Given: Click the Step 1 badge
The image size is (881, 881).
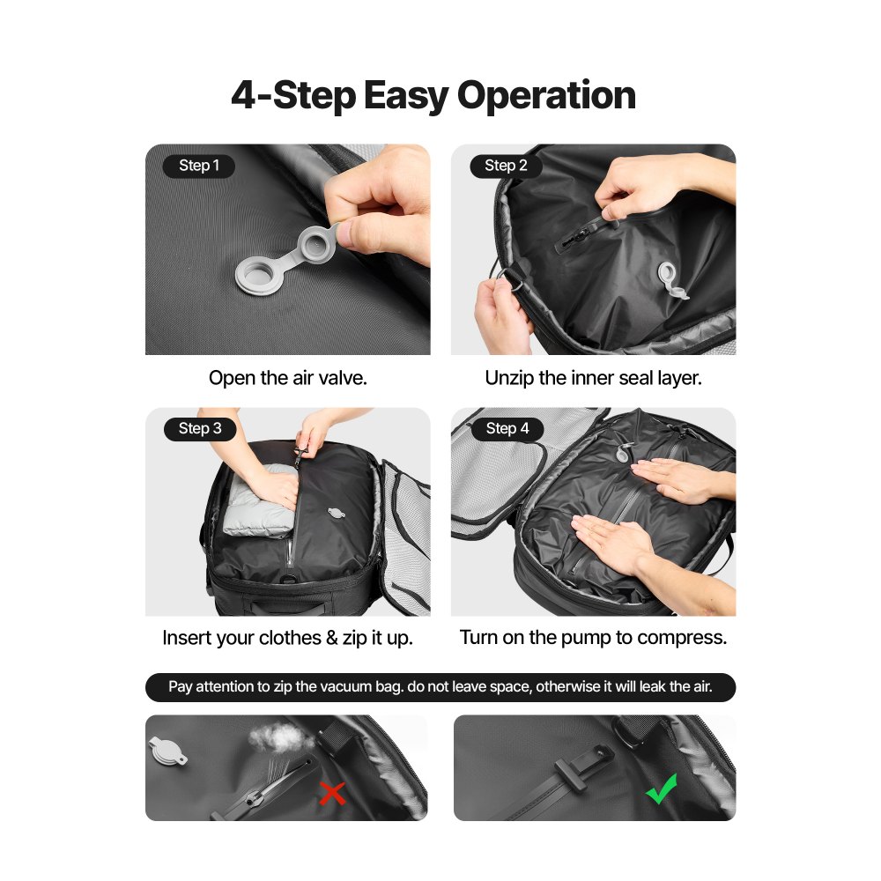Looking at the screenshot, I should [199, 166].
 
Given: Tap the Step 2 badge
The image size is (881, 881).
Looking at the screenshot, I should [506, 166].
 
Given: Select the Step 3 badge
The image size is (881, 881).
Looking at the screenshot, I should [200, 429].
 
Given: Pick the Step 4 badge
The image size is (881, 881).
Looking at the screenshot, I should [507, 429].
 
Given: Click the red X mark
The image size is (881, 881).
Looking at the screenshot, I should [332, 794].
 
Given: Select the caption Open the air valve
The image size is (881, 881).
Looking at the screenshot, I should [287, 378].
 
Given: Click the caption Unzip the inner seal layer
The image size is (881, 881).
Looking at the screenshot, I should [593, 378].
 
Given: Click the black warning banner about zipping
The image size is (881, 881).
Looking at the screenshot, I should [440, 687].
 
